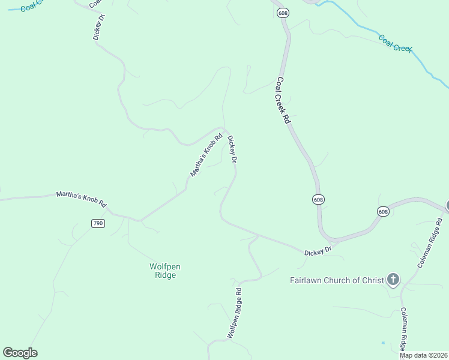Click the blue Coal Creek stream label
click(395, 43)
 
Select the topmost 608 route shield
click(283, 13)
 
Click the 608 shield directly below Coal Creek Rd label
click(318, 199)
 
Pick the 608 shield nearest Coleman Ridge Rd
click(383, 211)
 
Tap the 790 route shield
click(98, 223)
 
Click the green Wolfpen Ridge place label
click(162, 271)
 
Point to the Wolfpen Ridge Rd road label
click(234, 313)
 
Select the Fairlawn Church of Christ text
click(336, 280)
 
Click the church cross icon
click(393, 279)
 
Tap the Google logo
click(20, 353)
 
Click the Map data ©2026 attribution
click(423, 355)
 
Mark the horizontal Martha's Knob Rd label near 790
click(81, 199)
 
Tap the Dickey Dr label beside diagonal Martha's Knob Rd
click(232, 150)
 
